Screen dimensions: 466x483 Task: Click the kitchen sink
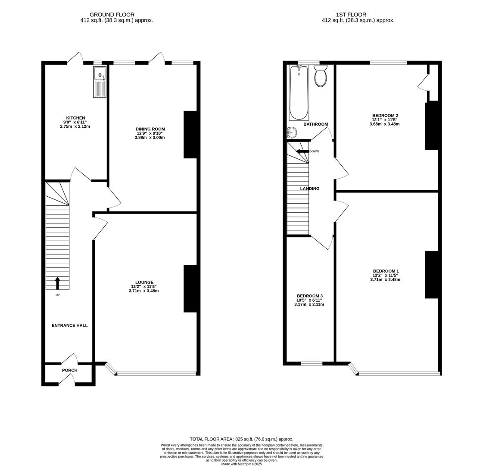(100, 82)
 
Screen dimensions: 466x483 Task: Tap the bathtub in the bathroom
(299, 92)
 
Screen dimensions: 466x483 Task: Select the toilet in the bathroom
(321, 76)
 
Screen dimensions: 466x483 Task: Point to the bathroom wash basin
(292, 132)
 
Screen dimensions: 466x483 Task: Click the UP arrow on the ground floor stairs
(57, 283)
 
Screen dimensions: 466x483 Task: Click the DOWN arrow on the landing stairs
(302, 151)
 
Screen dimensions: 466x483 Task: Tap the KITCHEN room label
(75, 118)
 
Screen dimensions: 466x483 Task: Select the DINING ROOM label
(150, 129)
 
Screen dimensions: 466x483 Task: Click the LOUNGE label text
(143, 282)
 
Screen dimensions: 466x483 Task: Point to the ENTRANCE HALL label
(69, 325)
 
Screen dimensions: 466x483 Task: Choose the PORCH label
(69, 370)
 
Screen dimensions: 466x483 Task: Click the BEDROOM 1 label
(385, 271)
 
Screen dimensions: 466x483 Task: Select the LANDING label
(310, 189)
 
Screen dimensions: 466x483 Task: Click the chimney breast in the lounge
(190, 288)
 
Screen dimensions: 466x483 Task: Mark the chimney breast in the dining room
(190, 135)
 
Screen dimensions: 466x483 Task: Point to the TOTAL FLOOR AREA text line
(241, 439)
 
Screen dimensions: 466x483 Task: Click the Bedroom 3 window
(311, 363)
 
